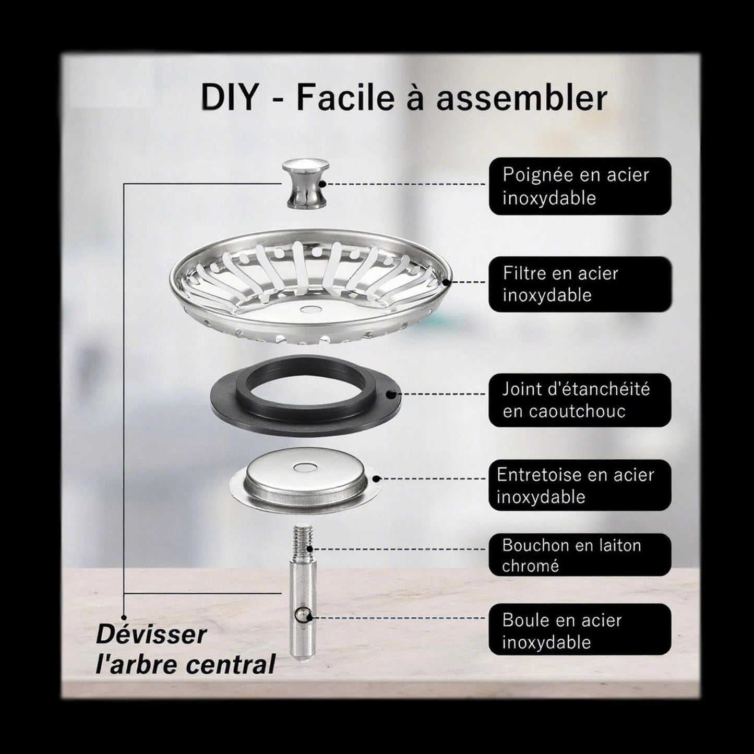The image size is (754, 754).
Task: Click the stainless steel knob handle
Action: click(305, 183)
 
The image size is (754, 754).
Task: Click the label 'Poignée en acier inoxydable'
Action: click(580, 186)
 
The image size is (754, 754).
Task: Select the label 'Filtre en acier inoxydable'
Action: click(580, 284)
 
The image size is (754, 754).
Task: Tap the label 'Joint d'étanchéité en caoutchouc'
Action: click(580, 400)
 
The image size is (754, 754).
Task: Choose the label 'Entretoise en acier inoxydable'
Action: click(580, 486)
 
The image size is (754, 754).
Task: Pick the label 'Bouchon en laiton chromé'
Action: click(580, 555)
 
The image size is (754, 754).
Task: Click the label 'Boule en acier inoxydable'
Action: click(580, 631)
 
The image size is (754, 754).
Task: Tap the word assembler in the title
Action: click(522, 98)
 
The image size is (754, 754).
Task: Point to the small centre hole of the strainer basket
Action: click(309, 309)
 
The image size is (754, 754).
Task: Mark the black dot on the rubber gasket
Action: click(390, 394)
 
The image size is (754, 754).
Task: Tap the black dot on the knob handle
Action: click(322, 184)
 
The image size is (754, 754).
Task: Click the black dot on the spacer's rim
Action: click(376, 478)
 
